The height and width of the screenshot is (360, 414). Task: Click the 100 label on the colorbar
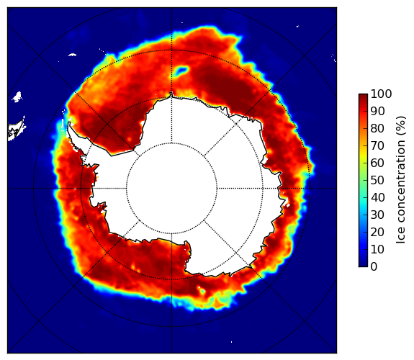382,94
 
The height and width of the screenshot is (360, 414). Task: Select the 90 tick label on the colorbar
378,111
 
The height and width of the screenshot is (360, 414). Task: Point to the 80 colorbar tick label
378,128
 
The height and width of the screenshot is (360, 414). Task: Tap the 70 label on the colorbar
378,145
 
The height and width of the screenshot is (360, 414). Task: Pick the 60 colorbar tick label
378,163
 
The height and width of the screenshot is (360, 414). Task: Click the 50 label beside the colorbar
378,181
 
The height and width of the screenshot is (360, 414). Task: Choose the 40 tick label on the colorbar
378,197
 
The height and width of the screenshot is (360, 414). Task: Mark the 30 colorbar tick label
378,215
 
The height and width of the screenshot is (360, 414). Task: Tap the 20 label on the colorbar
378,232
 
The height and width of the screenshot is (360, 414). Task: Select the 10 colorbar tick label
378,249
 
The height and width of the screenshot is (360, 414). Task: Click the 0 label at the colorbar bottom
374,267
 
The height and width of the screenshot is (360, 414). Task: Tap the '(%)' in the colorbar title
401,126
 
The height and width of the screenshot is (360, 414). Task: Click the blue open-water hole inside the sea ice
181,71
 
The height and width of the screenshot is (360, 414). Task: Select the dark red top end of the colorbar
363,96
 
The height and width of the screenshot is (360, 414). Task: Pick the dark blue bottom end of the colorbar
363,264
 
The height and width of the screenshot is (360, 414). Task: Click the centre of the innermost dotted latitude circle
171,189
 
